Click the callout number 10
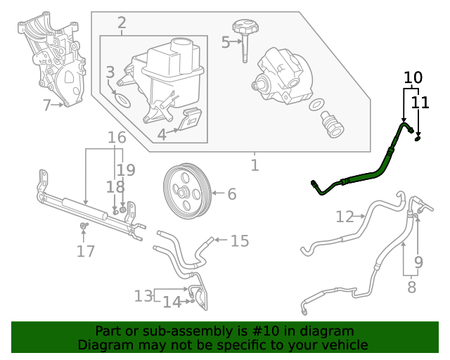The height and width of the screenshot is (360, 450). pos(413,77)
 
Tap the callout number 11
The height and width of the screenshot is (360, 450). pos(420,103)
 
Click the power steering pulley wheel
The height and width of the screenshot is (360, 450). pos(186,190)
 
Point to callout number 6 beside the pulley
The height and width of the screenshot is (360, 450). pos(231,193)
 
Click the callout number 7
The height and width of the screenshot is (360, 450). pos(47,105)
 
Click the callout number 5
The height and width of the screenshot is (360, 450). pos(226,42)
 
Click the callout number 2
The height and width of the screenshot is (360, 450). pos(122,23)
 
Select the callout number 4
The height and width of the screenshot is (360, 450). pos(161,134)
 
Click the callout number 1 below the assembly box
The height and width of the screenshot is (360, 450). pos(255,166)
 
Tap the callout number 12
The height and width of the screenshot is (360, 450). pos(345,217)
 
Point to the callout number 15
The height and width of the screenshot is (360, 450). pos(240,241)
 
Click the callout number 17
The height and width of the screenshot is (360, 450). pos(86,251)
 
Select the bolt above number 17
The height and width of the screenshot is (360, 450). pos(84,225)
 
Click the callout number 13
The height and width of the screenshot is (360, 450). pos(143,295)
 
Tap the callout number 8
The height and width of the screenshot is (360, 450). pos(411,287)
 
